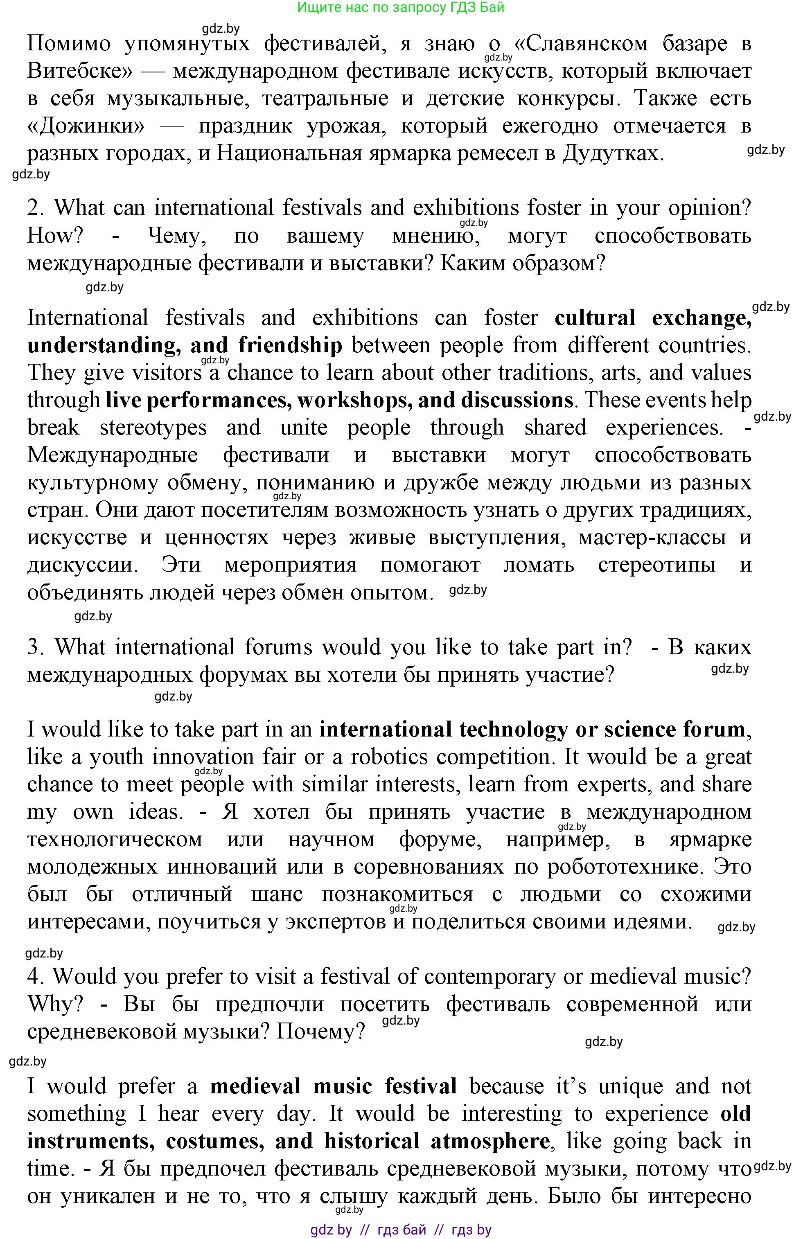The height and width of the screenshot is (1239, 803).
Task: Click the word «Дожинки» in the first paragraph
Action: (86, 126)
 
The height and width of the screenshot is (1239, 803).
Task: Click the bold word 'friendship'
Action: (290, 346)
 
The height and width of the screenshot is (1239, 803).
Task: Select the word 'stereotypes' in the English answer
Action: (153, 428)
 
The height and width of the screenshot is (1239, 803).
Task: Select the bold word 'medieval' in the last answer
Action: (255, 1087)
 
